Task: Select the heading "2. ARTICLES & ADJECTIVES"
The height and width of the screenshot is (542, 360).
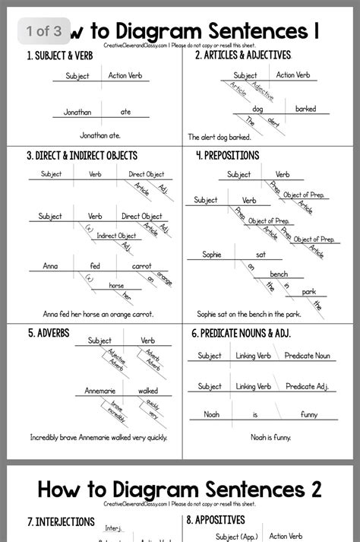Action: click(242, 55)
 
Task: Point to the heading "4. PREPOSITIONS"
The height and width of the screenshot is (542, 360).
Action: click(227, 155)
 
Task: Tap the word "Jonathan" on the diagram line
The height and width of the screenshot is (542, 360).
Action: click(77, 112)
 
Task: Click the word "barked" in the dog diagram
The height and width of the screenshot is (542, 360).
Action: click(306, 109)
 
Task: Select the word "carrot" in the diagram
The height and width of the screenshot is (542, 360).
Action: click(142, 266)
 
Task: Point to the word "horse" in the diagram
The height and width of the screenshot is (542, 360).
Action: click(116, 286)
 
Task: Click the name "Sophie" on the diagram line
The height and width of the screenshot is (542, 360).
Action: click(212, 255)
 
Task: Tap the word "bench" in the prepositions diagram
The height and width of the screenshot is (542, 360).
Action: click(279, 274)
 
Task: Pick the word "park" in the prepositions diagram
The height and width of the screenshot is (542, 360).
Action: click(308, 292)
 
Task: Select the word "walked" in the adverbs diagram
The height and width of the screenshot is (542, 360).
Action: click(148, 391)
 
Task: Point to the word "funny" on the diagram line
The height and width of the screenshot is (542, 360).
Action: click(309, 414)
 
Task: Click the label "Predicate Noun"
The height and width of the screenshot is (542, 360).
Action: click(307, 356)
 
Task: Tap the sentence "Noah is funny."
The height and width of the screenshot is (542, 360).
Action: click(270, 437)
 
